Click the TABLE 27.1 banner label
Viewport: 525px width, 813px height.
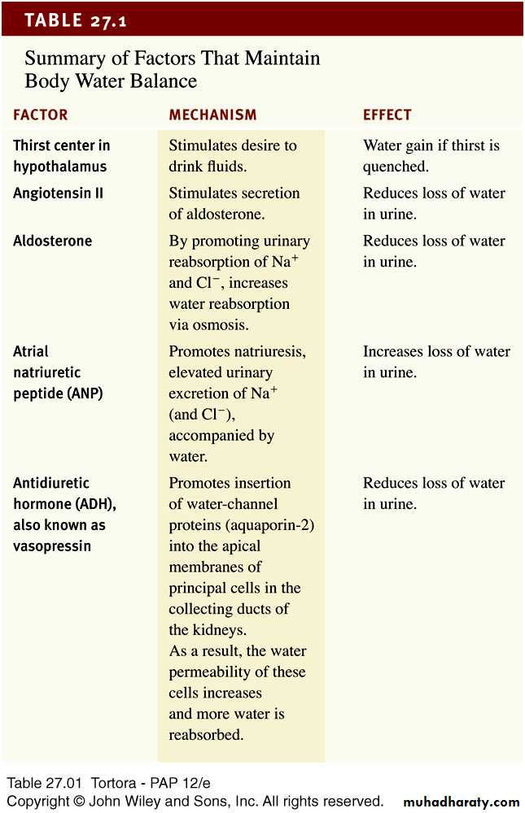[76, 20]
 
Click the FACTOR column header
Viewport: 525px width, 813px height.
[41, 115]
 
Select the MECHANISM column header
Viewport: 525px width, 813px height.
[212, 115]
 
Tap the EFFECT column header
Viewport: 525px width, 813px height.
[387, 115]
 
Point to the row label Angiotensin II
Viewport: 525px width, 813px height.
[59, 193]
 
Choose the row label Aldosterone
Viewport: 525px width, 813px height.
[53, 241]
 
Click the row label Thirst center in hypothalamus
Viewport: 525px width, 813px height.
[62, 156]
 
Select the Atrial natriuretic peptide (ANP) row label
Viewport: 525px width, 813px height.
[58, 372]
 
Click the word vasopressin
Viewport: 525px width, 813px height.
[52, 546]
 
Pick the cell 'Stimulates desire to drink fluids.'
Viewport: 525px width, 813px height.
[233, 156]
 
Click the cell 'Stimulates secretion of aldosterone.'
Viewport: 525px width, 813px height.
[234, 203]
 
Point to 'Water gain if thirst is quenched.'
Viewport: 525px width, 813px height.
[431, 156]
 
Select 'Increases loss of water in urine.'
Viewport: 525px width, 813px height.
[436, 362]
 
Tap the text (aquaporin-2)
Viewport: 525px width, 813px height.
[271, 525]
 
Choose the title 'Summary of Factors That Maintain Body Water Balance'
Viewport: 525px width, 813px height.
[172, 70]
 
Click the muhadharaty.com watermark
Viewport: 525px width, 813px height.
[461, 802]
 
